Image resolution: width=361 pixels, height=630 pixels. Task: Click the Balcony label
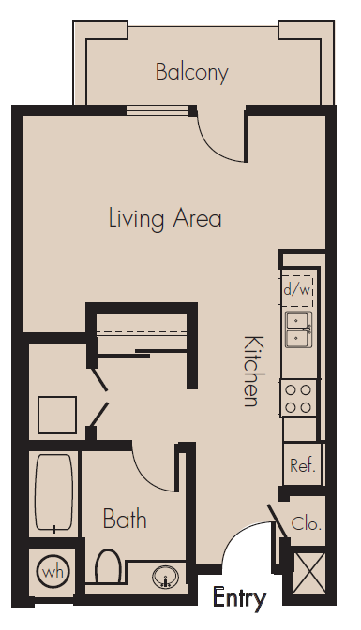tap(192, 73)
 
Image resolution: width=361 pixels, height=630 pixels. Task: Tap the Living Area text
tap(165, 218)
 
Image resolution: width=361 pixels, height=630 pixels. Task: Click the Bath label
tap(125, 519)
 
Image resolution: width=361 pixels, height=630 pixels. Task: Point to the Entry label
tap(239, 599)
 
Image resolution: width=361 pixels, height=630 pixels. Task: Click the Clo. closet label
tap(307, 523)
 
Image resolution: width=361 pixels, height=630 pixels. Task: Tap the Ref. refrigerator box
tap(303, 464)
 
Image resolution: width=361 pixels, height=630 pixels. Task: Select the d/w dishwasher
tap(297, 290)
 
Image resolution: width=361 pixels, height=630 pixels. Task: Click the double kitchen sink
tap(298, 330)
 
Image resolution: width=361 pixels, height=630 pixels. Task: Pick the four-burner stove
tap(298, 399)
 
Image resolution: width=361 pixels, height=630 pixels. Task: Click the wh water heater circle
tap(53, 571)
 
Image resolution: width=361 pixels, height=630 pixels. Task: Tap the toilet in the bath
tap(108, 565)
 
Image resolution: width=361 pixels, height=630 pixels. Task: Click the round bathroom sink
tap(165, 577)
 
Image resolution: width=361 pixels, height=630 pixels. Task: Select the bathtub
tap(54, 493)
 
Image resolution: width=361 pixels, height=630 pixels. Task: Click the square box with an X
tap(308, 573)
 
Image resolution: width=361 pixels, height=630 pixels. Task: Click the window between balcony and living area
tap(158, 110)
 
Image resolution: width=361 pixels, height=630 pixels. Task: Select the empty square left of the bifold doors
tap(57, 415)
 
